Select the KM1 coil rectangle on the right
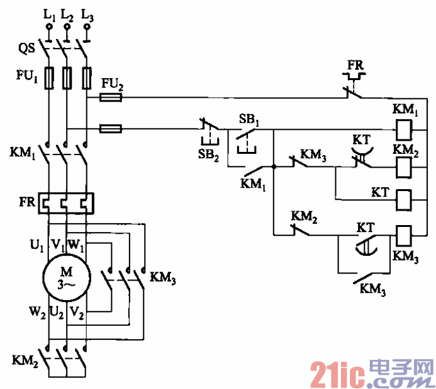[405, 130]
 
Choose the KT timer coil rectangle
[405, 199]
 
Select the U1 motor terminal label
[36, 244]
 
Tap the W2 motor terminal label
[35, 310]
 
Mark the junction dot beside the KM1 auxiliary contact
[274, 167]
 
